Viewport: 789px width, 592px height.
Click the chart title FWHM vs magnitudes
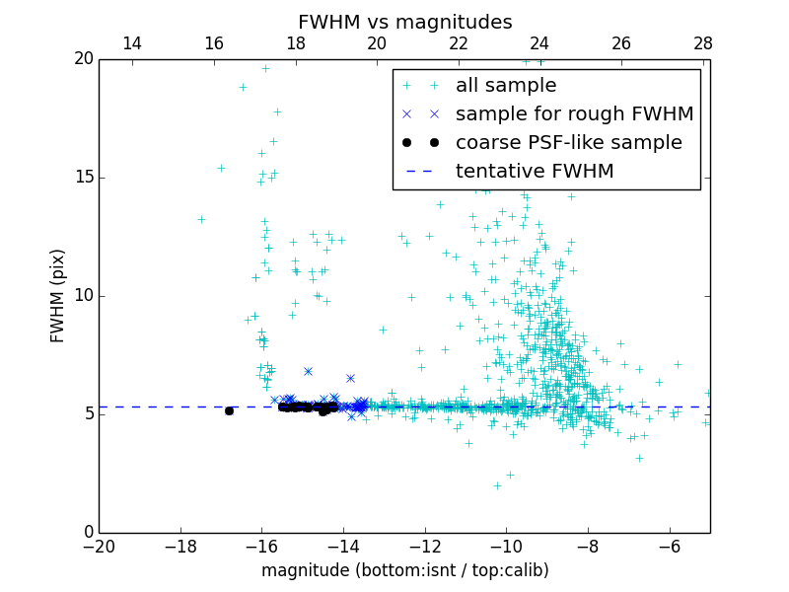tap(404, 22)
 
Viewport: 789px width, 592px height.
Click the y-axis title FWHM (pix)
tap(58, 295)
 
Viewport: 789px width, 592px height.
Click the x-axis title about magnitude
tap(404, 570)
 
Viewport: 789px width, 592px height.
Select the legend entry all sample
tap(506, 86)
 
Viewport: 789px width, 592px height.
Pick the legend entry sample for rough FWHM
tap(574, 114)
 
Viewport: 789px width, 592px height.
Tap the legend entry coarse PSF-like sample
tap(568, 143)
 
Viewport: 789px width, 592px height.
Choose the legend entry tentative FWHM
tap(535, 172)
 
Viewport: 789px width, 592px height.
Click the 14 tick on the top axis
tap(131, 43)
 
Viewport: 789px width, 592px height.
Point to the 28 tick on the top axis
tap(702, 43)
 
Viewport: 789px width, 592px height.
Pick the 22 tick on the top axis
tap(458, 43)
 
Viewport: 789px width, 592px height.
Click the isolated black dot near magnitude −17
tap(229, 410)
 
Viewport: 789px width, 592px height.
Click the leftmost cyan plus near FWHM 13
tap(201, 219)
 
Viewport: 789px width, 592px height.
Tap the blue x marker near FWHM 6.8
tap(308, 371)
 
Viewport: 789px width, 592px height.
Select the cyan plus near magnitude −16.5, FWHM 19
tap(243, 87)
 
